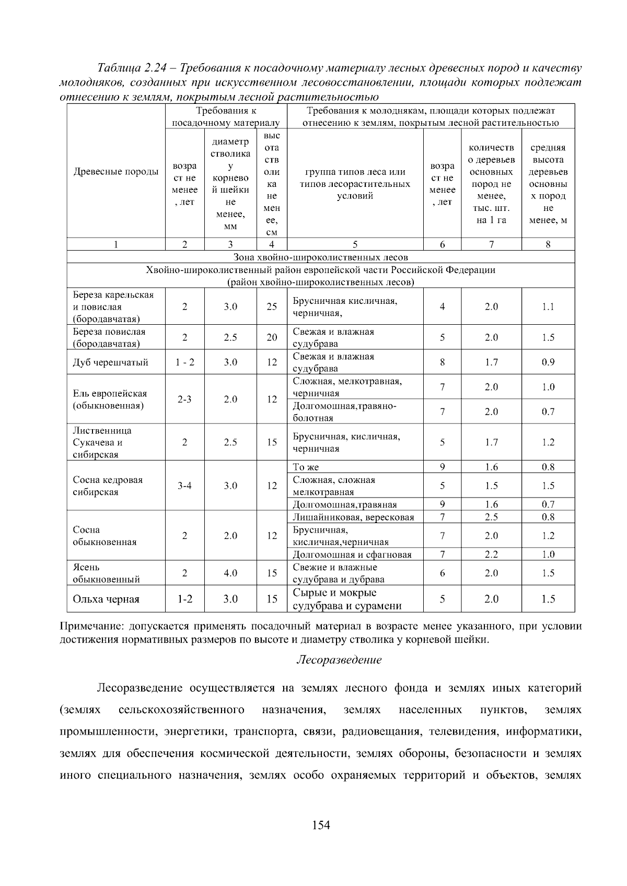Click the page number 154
(x=321, y=825)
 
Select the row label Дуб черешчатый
(x=110, y=362)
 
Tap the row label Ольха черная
(x=106, y=599)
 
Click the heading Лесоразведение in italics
(x=339, y=660)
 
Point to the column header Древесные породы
(x=116, y=172)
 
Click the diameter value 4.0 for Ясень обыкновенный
(x=230, y=573)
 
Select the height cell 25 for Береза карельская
(x=272, y=306)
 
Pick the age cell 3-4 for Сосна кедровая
(x=184, y=486)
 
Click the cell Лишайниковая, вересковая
(x=353, y=517)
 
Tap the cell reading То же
(x=306, y=467)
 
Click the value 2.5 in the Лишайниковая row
(x=491, y=517)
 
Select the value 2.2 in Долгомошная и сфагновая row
(x=491, y=554)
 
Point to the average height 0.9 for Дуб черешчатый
(x=548, y=362)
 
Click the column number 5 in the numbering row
(x=355, y=244)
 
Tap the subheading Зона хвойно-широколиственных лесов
(x=320, y=257)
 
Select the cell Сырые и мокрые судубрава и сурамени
(x=347, y=599)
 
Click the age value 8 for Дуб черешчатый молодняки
(x=442, y=362)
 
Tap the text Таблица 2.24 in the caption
(x=133, y=68)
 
